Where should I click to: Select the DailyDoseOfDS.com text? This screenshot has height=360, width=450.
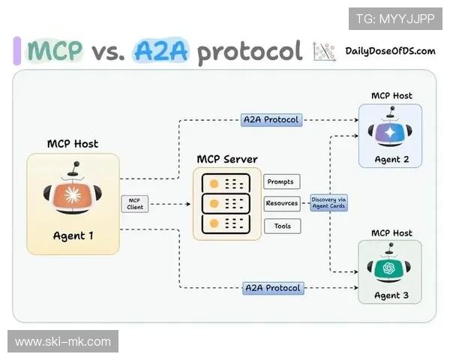[x=391, y=51]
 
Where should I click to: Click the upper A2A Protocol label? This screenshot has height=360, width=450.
[x=271, y=119]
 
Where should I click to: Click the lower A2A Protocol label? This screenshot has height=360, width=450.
[x=273, y=288]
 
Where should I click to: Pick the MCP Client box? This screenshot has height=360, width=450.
[x=134, y=203]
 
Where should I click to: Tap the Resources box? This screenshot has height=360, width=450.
[x=282, y=203]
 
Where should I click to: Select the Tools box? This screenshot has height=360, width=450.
[x=282, y=226]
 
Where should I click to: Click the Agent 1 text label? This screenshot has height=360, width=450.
[x=73, y=235]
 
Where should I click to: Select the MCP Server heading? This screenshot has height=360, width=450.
[x=227, y=160]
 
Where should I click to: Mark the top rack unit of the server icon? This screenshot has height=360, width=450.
[x=226, y=184]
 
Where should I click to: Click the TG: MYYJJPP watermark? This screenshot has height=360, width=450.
[x=395, y=18]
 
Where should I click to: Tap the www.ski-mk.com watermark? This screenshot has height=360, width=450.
[x=63, y=342]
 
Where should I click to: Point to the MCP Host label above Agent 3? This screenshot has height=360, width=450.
[x=391, y=232]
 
